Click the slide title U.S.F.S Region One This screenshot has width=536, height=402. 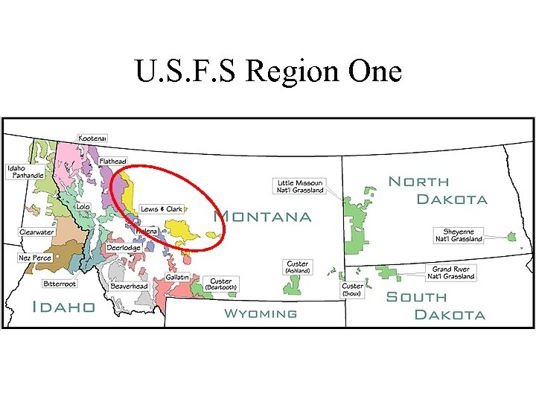[x=268, y=71]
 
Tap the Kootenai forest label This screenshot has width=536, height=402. [x=93, y=138]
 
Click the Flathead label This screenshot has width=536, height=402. [x=113, y=162]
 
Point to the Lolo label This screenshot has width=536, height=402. [x=83, y=206]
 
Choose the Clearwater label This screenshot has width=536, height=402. [x=36, y=232]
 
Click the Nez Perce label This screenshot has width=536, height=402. [x=35, y=258]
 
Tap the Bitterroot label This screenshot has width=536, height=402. [x=60, y=284]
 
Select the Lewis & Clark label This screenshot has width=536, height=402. [x=162, y=209]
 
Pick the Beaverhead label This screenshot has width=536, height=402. [x=129, y=286]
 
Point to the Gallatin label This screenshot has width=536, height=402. [x=177, y=277]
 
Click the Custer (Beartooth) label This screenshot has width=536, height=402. [x=220, y=284]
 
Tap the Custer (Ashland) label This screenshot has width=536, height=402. [x=298, y=267]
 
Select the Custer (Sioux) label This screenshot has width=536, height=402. [x=352, y=290]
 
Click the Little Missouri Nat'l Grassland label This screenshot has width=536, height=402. [x=300, y=186]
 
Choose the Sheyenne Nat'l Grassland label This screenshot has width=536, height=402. [x=459, y=235]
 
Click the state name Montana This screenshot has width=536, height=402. [x=262, y=217]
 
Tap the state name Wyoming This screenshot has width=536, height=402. [x=261, y=313]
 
